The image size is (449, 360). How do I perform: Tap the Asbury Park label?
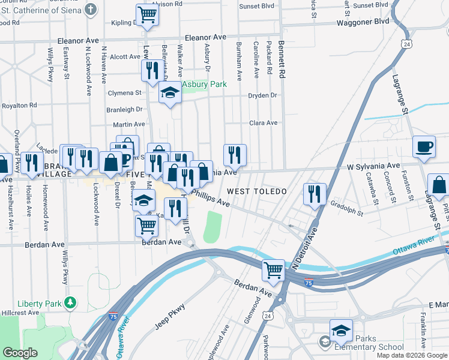coord(205,85)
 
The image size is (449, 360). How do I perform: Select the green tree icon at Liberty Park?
coord(71,302)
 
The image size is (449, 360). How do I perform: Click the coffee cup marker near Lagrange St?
coord(424,147)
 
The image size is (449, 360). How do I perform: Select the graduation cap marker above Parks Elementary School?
coord(341,331)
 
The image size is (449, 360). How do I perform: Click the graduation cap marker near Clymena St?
coord(170,93)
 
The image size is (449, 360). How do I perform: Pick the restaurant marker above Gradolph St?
coord(315,194)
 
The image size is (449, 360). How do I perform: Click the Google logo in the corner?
coord(20,353)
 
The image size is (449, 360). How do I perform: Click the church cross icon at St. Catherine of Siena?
coord(91,9)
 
